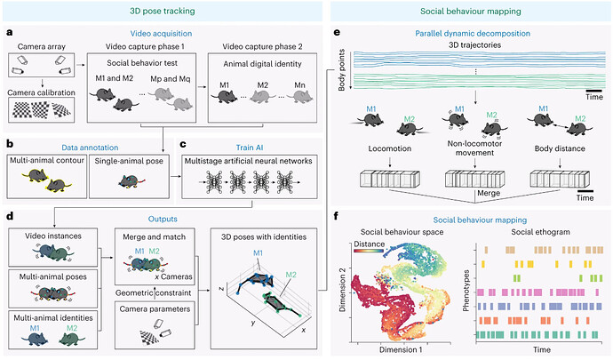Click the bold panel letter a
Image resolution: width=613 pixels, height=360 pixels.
tap(8, 34)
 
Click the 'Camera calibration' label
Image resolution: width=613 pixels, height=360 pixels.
tap(42, 92)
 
